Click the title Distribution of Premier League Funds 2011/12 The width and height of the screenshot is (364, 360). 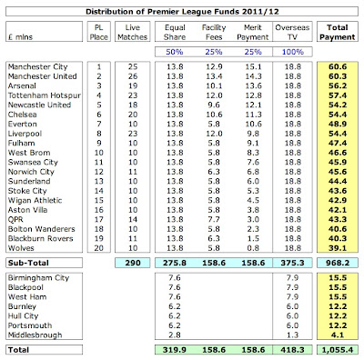pyautogui.click(x=182, y=9)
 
